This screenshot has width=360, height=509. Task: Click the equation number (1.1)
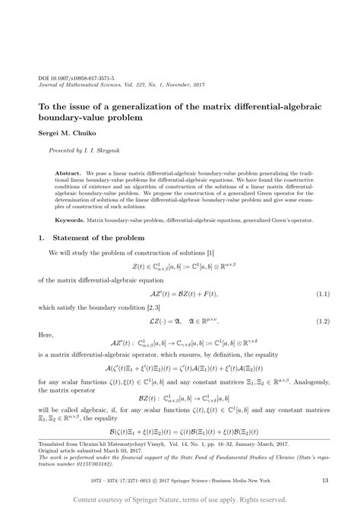click(x=321, y=292)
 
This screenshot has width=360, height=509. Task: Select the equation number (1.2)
click(x=321, y=323)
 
